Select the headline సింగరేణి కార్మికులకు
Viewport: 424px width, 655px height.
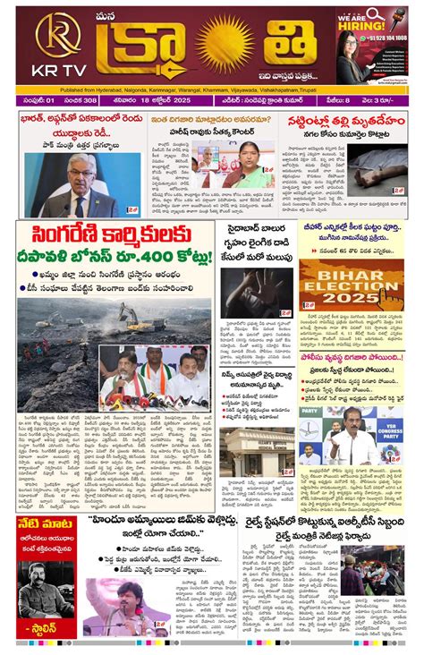click(115, 236)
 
